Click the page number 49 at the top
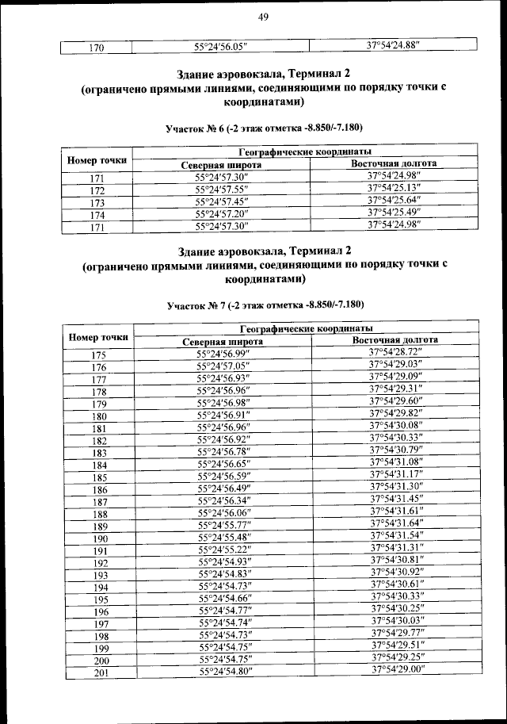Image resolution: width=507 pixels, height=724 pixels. [x=264, y=18]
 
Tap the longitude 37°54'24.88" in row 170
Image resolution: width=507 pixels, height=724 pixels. [x=393, y=46]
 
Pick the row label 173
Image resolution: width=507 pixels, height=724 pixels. [x=97, y=202]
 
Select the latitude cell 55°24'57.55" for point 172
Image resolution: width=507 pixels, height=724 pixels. [x=222, y=190]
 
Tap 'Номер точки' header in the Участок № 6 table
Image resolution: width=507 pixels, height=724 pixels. [x=97, y=160]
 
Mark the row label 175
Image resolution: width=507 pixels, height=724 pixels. [x=98, y=355]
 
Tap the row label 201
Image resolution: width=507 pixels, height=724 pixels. [x=99, y=673]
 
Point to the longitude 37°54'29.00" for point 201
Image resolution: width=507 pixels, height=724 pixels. [x=398, y=670]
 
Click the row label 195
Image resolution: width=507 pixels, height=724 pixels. [x=99, y=600]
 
